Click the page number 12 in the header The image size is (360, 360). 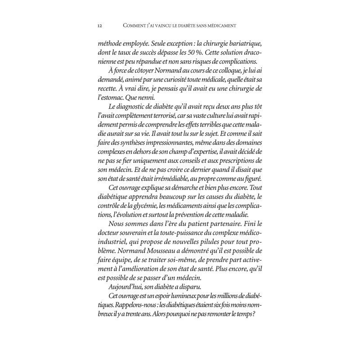click(x=99, y=25)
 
